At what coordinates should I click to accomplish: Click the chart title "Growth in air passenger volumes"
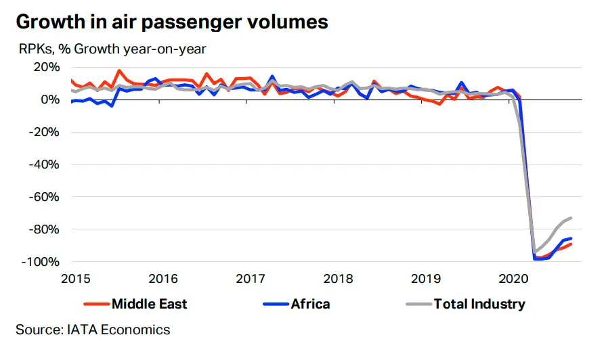pyautogui.click(x=172, y=22)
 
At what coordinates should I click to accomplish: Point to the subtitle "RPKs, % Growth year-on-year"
pyautogui.click(x=112, y=49)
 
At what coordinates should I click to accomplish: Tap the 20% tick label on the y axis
pyautogui.click(x=46, y=67)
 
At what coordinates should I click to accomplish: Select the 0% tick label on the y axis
pyautogui.click(x=50, y=99)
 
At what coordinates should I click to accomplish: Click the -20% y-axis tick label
pyautogui.click(x=45, y=132)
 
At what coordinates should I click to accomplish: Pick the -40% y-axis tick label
pyautogui.click(x=45, y=164)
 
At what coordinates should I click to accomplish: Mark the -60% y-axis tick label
pyautogui.click(x=45, y=197)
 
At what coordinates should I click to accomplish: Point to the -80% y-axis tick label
pyautogui.click(x=45, y=229)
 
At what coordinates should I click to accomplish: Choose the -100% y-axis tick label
pyautogui.click(x=41, y=262)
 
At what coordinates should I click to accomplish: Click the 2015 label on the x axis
pyautogui.click(x=76, y=279)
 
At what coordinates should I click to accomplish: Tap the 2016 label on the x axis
pyautogui.click(x=163, y=279)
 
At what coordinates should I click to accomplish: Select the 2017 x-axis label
pyautogui.click(x=251, y=279)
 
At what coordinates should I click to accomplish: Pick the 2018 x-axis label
pyautogui.click(x=338, y=279)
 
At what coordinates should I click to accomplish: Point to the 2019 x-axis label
pyautogui.click(x=426, y=279)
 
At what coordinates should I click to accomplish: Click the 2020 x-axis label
pyautogui.click(x=513, y=279)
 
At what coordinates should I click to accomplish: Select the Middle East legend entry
pyautogui.click(x=135, y=304)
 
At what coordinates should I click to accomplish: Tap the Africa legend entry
pyautogui.click(x=297, y=304)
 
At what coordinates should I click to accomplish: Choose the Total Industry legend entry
pyautogui.click(x=466, y=304)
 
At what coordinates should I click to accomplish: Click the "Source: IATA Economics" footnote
pyautogui.click(x=93, y=330)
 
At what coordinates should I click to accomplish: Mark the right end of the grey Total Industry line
pyautogui.click(x=571, y=219)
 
